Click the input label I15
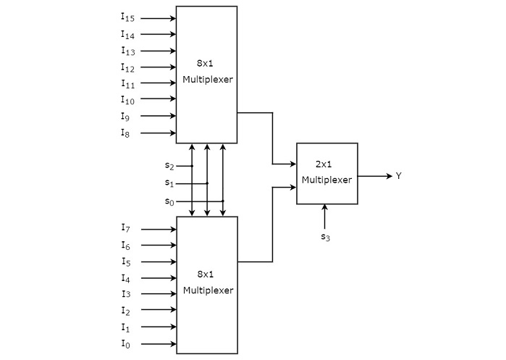127,17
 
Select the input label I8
126,133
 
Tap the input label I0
126,344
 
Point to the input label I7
126,228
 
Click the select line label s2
169,166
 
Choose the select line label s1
169,183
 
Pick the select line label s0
169,201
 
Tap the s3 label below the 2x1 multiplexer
325,236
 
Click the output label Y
398,176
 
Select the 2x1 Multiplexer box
326,173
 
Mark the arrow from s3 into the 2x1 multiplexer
325,216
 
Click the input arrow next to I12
158,67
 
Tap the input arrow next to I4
158,278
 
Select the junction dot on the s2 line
192,166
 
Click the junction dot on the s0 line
222,201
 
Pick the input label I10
127,100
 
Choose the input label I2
126,311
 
